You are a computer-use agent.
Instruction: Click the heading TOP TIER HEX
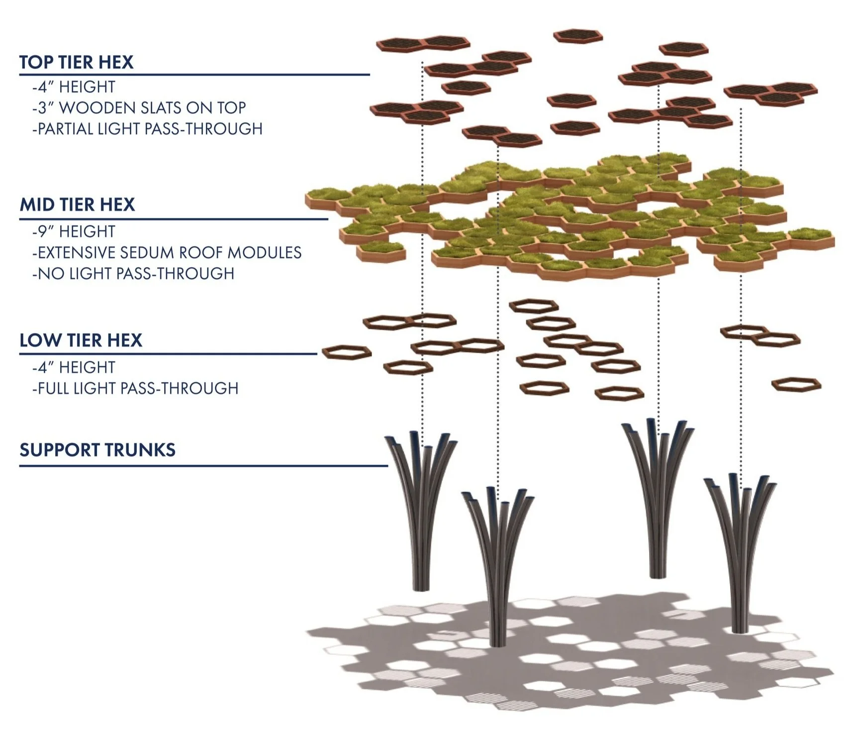click(x=76, y=62)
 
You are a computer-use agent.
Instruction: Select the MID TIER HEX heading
click(x=77, y=205)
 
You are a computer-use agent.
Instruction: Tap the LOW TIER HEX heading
click(x=81, y=340)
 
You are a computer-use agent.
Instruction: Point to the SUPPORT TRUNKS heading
click(x=97, y=450)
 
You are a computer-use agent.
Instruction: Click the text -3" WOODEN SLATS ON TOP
click(x=139, y=107)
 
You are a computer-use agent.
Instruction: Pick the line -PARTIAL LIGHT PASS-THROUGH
click(x=147, y=129)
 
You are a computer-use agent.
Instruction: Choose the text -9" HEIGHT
click(x=74, y=231)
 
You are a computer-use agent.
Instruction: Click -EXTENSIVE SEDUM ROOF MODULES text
click(x=167, y=252)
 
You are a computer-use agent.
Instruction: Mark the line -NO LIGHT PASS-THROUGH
click(x=133, y=273)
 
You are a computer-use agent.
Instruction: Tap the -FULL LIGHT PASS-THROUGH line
click(x=135, y=388)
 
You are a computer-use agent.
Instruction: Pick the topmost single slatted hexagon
click(x=577, y=36)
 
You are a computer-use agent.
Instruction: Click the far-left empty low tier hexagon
click(x=347, y=352)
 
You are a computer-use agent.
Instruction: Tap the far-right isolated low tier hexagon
click(x=796, y=384)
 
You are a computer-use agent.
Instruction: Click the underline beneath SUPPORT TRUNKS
click(x=203, y=466)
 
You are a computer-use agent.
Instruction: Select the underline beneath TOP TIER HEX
click(x=194, y=75)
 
